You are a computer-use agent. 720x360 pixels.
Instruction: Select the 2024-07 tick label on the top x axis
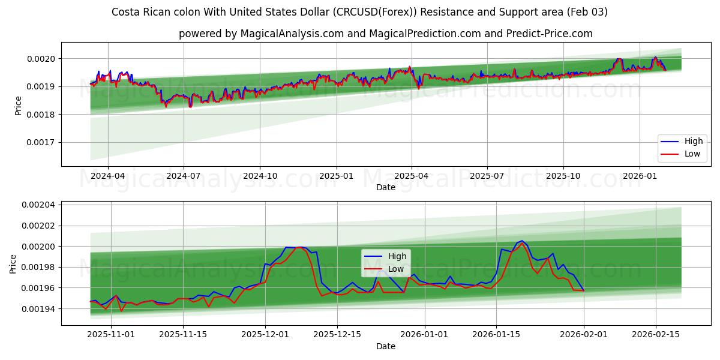[x=183, y=176]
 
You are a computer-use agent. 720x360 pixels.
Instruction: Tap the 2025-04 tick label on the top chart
[x=412, y=176]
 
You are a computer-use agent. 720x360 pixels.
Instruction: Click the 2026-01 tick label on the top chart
[x=640, y=176]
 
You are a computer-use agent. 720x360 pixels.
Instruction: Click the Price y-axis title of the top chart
[x=18, y=106]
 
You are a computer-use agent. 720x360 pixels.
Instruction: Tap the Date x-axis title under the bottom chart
[x=386, y=346]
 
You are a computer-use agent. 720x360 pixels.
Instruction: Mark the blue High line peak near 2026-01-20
[x=521, y=241]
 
